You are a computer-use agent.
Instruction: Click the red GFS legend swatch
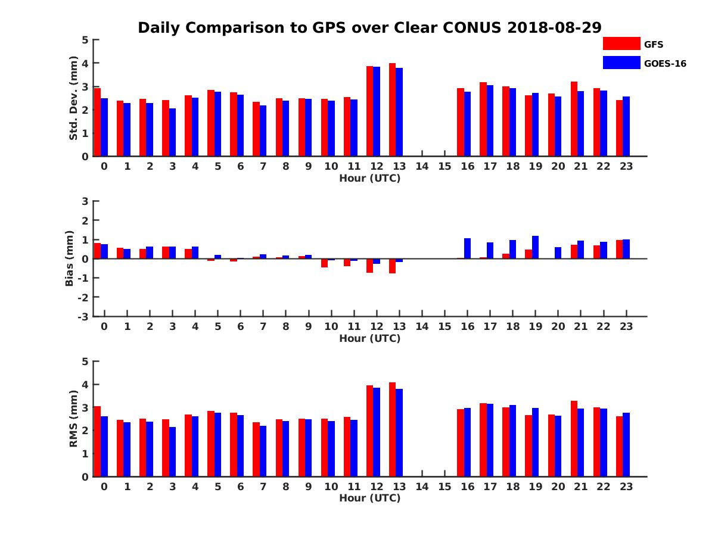tap(621, 43)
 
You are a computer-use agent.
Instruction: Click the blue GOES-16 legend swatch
tap(621, 63)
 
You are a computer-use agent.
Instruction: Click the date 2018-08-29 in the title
tap(554, 27)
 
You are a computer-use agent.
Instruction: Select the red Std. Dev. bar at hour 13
tap(392, 110)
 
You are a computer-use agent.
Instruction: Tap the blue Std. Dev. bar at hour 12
tap(377, 111)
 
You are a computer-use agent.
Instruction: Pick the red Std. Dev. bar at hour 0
tap(97, 122)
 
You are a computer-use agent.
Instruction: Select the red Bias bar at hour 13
tap(392, 266)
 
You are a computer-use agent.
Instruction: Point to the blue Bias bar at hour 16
tap(467, 248)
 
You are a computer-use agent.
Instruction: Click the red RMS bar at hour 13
tap(392, 429)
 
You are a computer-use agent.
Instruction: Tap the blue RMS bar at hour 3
tap(172, 451)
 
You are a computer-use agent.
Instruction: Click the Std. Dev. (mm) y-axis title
tap(74, 98)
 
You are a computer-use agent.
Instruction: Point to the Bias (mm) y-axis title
tap(70, 258)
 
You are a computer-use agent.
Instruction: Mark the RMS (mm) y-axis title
tap(74, 419)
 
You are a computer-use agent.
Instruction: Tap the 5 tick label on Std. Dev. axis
tap(86, 40)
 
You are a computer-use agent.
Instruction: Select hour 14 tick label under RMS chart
tap(422, 487)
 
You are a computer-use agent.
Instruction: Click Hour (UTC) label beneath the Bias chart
tap(369, 338)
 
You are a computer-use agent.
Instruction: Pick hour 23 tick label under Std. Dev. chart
tap(626, 166)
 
